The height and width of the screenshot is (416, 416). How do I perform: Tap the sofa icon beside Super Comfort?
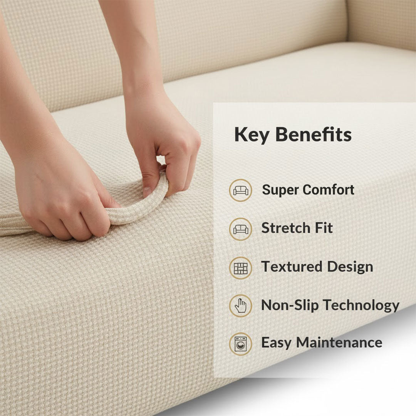click(x=241, y=190)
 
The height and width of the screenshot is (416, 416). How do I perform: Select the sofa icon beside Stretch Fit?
click(x=241, y=229)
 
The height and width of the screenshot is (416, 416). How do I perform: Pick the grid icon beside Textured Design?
click(x=241, y=268)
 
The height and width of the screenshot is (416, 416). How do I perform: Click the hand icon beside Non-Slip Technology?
click(x=241, y=306)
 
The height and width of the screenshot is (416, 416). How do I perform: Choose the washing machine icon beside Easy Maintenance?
click(x=241, y=344)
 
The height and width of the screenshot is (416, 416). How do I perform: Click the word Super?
click(x=280, y=190)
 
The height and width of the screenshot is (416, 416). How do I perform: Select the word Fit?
click(x=323, y=228)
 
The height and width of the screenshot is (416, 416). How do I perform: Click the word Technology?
click(x=361, y=305)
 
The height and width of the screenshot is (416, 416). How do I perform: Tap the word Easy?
click(x=276, y=342)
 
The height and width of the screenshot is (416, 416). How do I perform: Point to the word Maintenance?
click(x=339, y=342)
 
